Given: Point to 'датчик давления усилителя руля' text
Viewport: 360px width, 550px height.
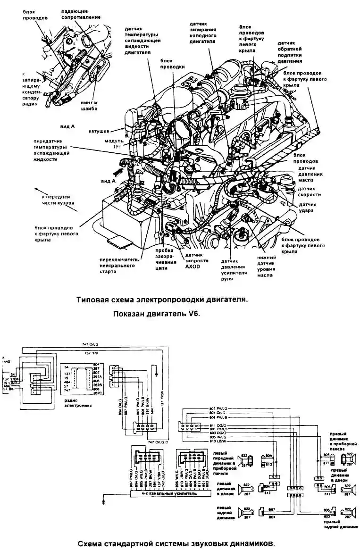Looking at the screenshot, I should pos(234,269).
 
